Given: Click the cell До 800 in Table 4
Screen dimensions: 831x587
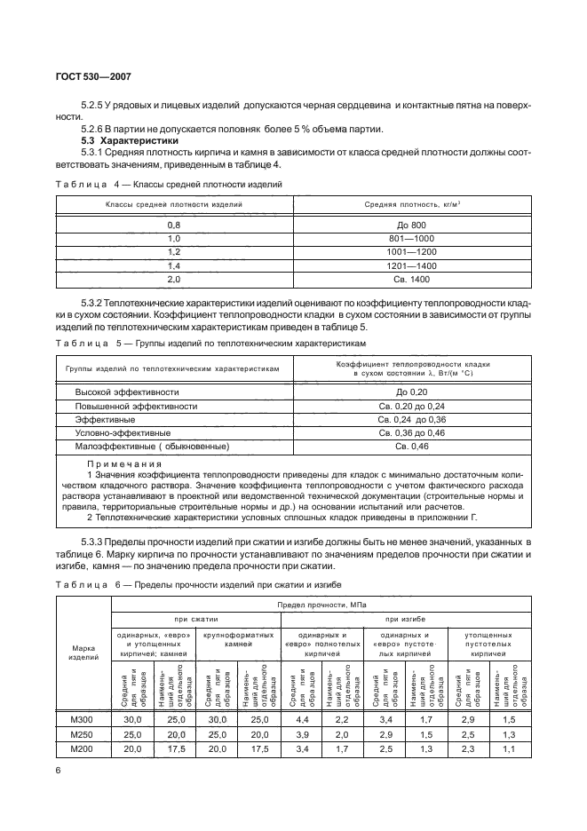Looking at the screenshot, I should click(413, 225).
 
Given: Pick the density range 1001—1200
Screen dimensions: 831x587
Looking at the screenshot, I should click(413, 252).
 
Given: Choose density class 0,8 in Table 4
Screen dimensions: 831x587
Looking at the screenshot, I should click(174, 225).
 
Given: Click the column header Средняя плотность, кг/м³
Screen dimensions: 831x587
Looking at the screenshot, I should click(413, 204).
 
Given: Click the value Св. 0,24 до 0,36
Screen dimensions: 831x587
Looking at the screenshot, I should click(413, 418).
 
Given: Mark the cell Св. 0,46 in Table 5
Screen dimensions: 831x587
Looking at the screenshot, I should click(413, 446).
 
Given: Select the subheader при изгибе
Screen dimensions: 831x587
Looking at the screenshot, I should click(409, 619).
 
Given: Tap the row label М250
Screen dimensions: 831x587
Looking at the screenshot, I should click(83, 734).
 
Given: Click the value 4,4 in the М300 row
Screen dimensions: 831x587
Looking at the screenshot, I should click(301, 720).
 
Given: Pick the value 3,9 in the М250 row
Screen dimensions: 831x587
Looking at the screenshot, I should click(301, 734).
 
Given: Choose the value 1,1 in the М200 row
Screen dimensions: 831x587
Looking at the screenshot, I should click(506, 749).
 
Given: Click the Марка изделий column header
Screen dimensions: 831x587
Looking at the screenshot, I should click(83, 653).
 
